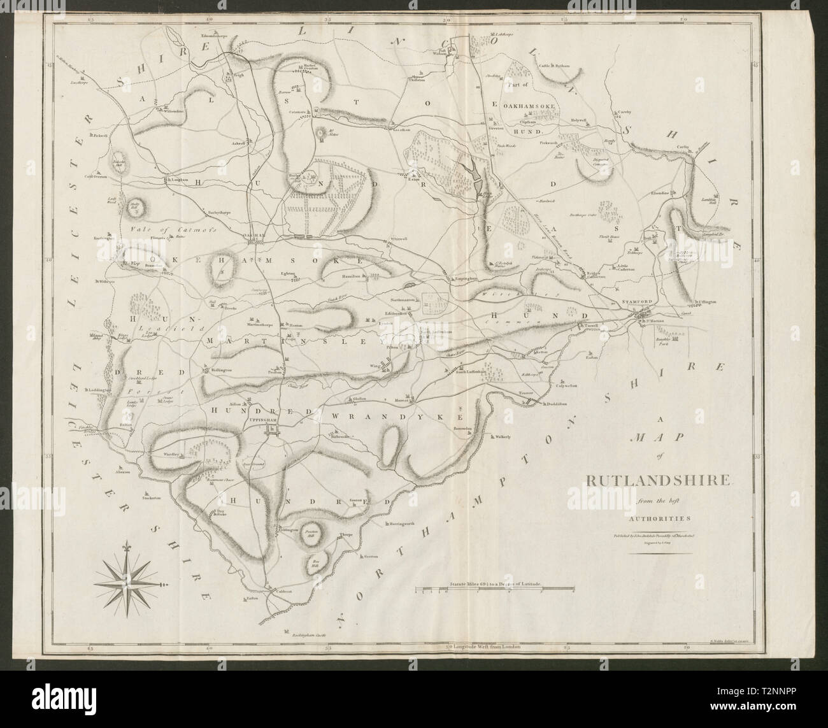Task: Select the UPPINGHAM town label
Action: click(x=270, y=420)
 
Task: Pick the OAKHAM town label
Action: click(x=255, y=234)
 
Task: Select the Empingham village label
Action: click(x=462, y=278)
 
